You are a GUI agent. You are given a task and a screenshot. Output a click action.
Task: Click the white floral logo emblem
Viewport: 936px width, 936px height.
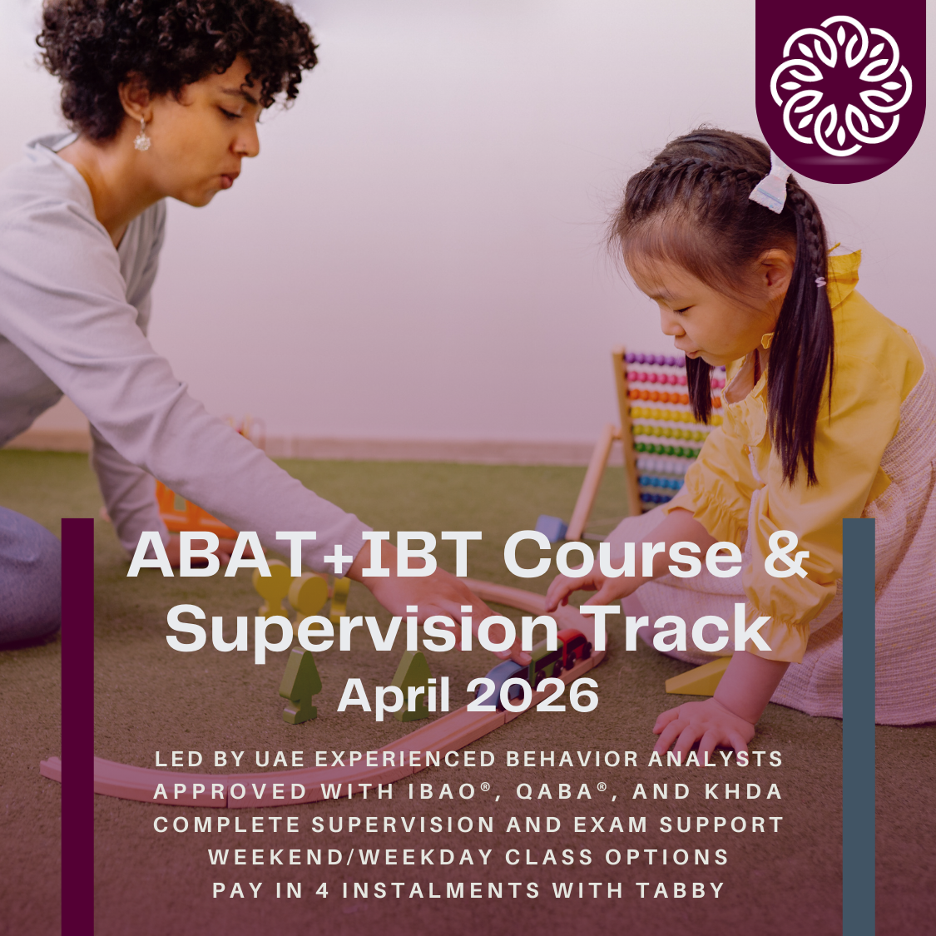click(840, 86)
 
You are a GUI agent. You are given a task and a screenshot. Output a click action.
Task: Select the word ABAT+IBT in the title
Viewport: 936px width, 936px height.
click(305, 554)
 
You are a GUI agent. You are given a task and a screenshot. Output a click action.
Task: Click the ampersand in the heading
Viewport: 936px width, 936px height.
click(786, 554)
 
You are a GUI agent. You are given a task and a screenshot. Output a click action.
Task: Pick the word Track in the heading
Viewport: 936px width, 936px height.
click(676, 628)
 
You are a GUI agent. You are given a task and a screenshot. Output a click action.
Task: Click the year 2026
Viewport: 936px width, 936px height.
click(532, 696)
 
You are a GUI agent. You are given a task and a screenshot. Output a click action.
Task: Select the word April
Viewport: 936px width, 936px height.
click(394, 696)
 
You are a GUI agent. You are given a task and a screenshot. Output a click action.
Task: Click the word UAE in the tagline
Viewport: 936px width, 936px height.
click(281, 759)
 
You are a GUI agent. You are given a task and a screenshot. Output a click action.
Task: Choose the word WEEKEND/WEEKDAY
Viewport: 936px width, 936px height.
click(350, 857)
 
